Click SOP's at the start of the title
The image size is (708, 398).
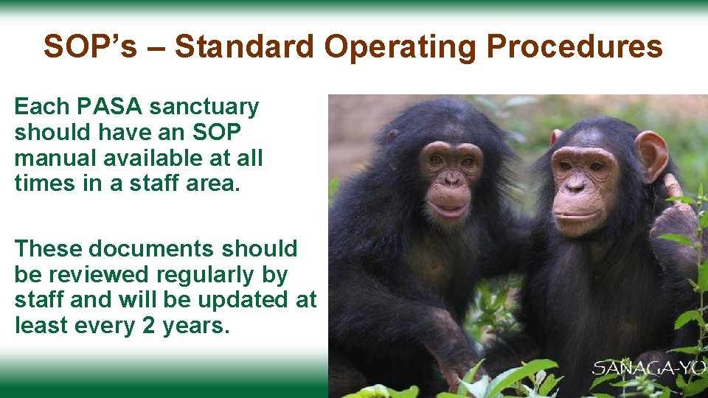click(90, 47)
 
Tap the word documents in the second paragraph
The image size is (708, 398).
click(142, 249)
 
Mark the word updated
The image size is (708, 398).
click(250, 300)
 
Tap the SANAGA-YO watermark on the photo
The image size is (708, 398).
click(650, 368)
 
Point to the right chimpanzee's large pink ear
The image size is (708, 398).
click(652, 154)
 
